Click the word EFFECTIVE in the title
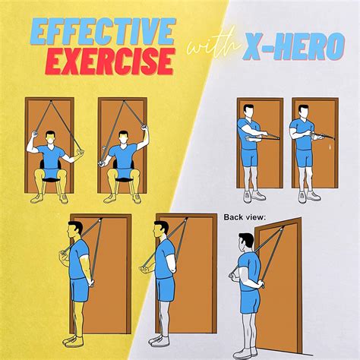click(x=103, y=32)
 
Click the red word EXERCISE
click(x=111, y=61)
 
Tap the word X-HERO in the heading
click(x=293, y=48)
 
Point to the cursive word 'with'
click(x=214, y=46)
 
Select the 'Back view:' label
click(x=245, y=217)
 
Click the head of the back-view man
click(x=246, y=242)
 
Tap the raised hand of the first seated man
click(x=35, y=134)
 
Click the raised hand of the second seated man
click(x=145, y=128)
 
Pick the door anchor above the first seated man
click(x=51, y=101)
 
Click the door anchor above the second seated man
click(x=124, y=101)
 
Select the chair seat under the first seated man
click(x=51, y=180)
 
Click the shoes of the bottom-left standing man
click(x=73, y=340)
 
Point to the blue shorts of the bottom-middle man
click(x=166, y=290)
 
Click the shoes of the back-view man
click(x=245, y=352)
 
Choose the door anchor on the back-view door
click(x=281, y=229)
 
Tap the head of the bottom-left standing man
click(x=74, y=229)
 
